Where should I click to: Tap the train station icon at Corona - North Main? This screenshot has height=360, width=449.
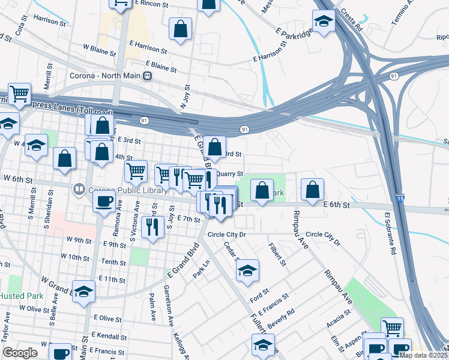(x=147, y=77)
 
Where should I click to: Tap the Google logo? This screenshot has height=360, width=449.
(x=20, y=353)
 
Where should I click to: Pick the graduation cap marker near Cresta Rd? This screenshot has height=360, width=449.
(x=324, y=23)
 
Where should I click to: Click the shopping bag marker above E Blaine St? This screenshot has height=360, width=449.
(x=180, y=29)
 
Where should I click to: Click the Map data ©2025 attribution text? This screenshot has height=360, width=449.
(x=423, y=355)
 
